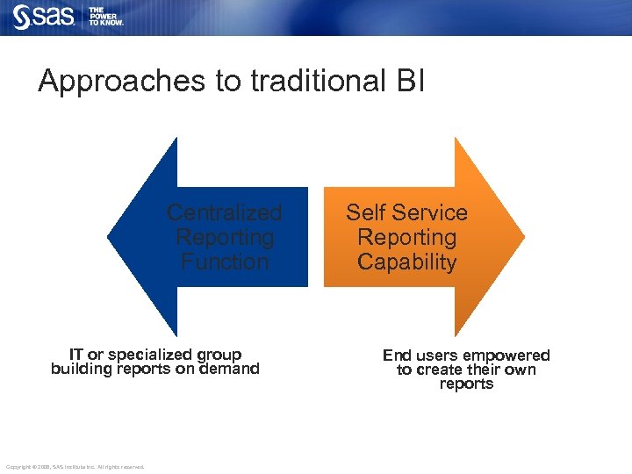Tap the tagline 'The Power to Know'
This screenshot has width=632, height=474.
point(105,16)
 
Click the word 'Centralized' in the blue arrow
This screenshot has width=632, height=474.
point(225,213)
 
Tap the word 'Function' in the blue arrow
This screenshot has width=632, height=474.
point(225,262)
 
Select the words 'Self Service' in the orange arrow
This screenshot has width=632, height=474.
point(406,213)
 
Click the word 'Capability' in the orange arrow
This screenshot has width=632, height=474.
point(406,262)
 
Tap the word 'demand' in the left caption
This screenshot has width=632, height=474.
point(232,369)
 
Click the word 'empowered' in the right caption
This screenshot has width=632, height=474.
point(507,355)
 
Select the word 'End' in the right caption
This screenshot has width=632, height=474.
point(397,355)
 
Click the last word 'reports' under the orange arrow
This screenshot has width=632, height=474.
point(466,384)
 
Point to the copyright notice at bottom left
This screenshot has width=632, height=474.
point(75,466)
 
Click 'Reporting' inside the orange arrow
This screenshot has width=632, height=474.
point(406,237)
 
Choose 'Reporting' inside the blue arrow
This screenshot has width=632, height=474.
point(225,237)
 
